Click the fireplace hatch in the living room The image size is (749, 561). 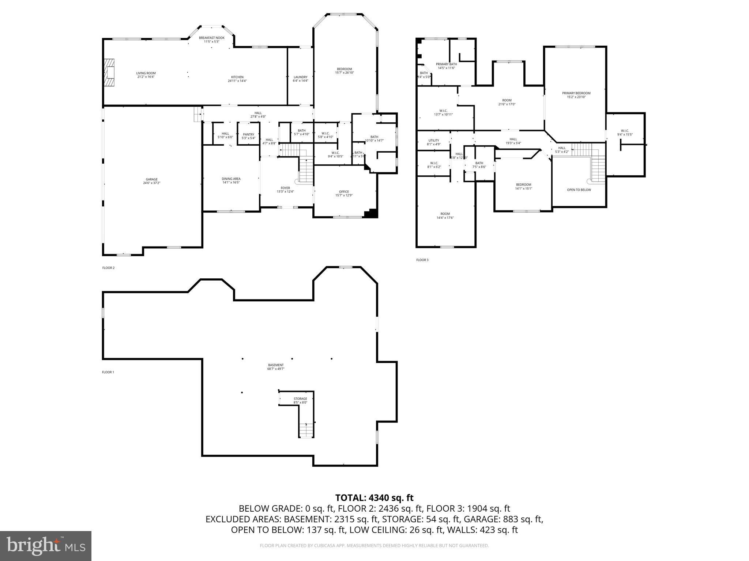pyautogui.click(x=109, y=73)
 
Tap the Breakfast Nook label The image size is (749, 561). pyautogui.click(x=211, y=38)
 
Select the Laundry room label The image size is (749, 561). pyautogui.click(x=300, y=77)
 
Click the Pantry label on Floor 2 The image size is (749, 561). pyautogui.click(x=248, y=134)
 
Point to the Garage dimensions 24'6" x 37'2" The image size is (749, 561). pyautogui.click(x=151, y=183)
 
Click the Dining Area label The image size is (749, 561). pyautogui.click(x=231, y=179)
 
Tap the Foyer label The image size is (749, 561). pyautogui.click(x=285, y=188)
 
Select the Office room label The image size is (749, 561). pyautogui.click(x=344, y=192)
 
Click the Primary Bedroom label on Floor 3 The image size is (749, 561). pyautogui.click(x=576, y=93)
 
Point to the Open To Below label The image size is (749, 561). pyautogui.click(x=579, y=190)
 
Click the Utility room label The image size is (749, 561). pyautogui.click(x=433, y=141)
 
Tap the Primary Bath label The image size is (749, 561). pyautogui.click(x=446, y=64)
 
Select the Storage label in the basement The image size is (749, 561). pyautogui.click(x=300, y=399)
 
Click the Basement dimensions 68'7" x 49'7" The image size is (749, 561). pyautogui.click(x=276, y=369)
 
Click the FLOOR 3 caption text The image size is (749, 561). pyautogui.click(x=422, y=260)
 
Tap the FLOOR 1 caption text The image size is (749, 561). pyautogui.click(x=108, y=372)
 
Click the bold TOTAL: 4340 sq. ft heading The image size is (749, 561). pyautogui.click(x=374, y=498)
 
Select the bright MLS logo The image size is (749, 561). pyautogui.click(x=46, y=546)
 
